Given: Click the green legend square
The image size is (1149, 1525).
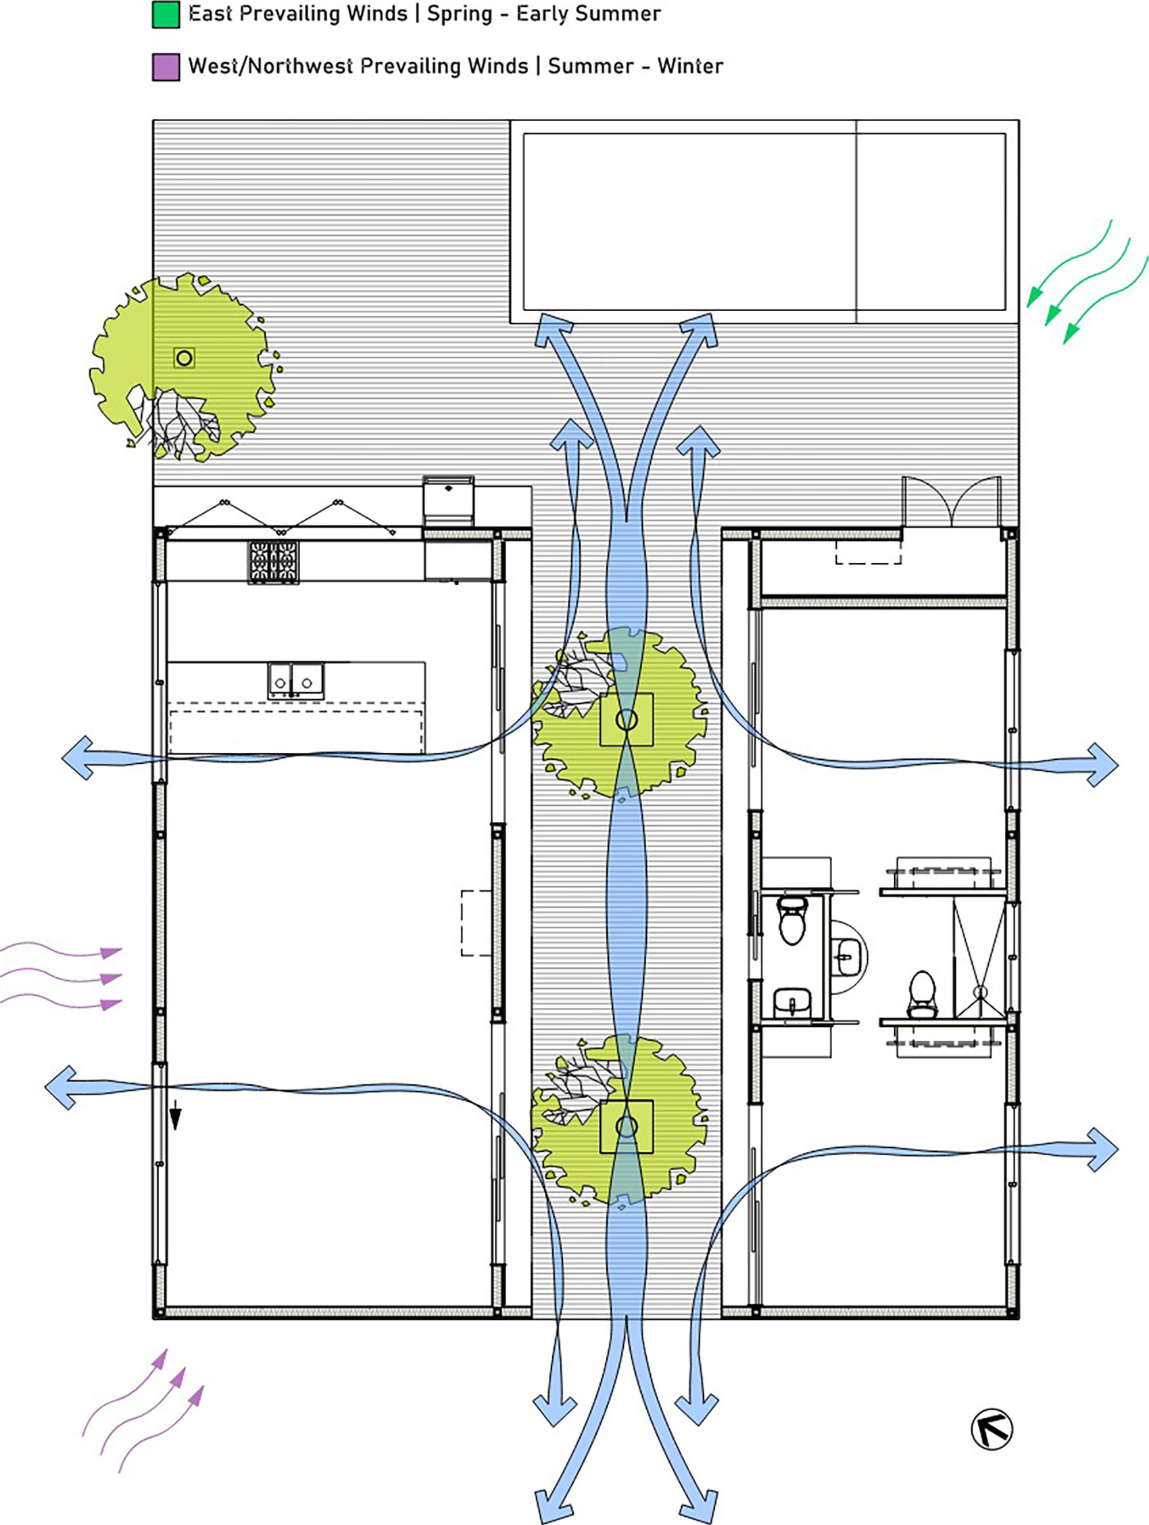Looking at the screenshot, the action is coord(166,14).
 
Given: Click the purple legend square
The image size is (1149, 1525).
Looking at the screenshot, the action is coord(166,67).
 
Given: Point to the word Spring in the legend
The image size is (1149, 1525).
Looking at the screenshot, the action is coord(460,14).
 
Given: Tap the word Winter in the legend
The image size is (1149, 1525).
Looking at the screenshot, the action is coord(690,66).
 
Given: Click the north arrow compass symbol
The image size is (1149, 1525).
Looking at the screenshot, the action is coord(991,1429).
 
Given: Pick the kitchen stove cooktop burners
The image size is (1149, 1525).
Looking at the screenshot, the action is coord(274,562).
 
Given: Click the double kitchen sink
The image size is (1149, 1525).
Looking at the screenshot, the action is coord(295,681).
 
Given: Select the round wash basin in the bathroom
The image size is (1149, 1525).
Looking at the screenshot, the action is coord(848,957).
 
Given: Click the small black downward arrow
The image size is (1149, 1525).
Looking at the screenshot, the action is coord(176,1115).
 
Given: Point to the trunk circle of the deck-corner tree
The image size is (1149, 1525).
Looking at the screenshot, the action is coord(184,358).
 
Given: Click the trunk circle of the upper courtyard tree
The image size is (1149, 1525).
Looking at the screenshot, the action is coord(627,720).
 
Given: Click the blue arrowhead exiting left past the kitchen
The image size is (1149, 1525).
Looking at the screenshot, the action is coord(77,758).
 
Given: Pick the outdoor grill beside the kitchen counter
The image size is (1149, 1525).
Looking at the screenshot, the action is coord(448,501).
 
